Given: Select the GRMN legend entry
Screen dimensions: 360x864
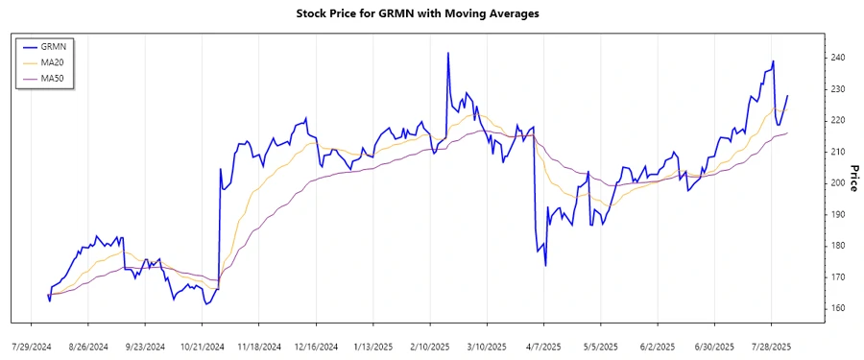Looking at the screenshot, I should [x=60, y=46].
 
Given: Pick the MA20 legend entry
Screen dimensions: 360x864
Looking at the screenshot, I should [x=60, y=61].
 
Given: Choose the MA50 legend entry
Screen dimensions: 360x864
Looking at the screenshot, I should [x=60, y=77].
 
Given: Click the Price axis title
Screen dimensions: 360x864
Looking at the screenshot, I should [x=852, y=179].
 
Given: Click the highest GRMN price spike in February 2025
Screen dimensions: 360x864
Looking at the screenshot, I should [x=447, y=54].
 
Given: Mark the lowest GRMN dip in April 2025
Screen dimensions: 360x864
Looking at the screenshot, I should [x=545, y=265].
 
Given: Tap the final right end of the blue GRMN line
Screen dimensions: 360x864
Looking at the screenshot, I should [x=787, y=96].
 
